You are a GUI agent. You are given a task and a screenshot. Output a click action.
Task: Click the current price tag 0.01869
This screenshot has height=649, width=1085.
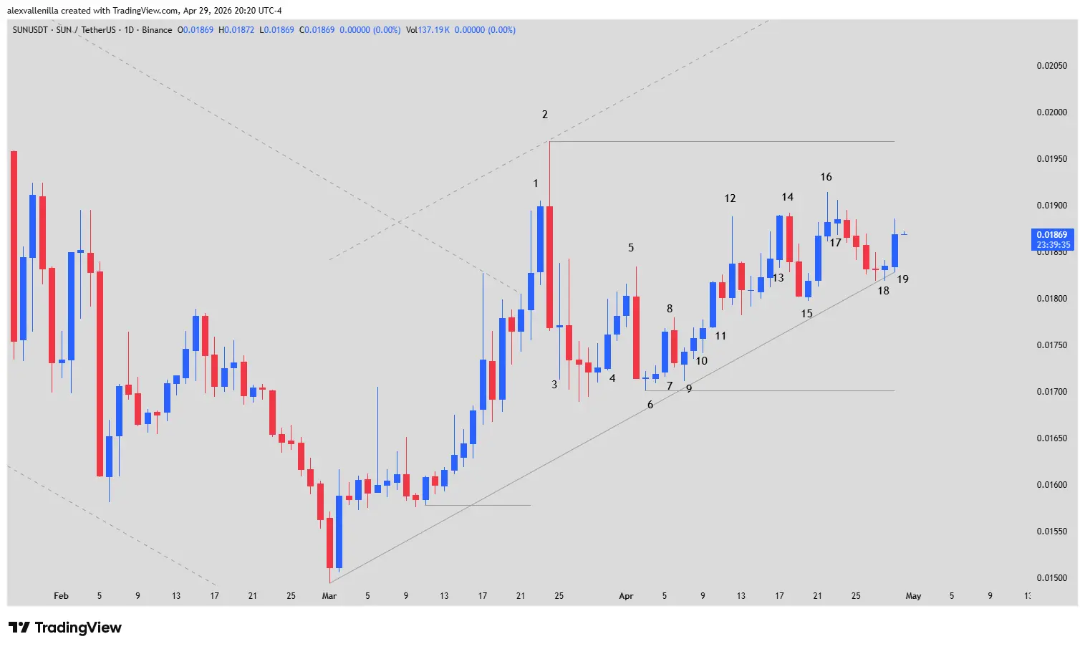pos(1051,235)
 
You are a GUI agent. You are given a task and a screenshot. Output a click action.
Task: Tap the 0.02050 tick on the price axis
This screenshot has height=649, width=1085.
pos(1051,66)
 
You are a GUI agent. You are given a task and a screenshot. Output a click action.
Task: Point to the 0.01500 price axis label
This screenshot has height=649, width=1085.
pos(1051,578)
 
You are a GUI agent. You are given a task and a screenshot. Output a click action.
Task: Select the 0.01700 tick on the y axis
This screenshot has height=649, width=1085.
pos(1051,392)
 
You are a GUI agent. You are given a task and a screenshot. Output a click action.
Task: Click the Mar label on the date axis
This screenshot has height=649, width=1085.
pos(329,596)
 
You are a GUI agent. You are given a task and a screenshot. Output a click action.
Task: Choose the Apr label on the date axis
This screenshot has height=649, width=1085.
pos(626,596)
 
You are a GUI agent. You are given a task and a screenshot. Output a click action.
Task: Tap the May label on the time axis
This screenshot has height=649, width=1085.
pos(913,596)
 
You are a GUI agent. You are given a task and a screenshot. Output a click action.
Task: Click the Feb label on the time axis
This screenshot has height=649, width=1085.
pos(61,596)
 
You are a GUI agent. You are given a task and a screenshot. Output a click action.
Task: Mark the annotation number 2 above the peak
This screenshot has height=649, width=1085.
pos(545,115)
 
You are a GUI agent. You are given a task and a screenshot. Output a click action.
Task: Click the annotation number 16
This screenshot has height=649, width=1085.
pos(826,177)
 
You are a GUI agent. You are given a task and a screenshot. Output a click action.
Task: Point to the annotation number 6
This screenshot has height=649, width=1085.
pos(650,405)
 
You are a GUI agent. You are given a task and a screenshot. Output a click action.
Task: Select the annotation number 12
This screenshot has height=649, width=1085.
pos(730,198)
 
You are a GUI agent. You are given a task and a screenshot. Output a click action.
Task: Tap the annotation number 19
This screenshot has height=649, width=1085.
pos(902,279)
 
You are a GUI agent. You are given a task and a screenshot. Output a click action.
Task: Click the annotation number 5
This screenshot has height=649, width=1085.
pos(631,248)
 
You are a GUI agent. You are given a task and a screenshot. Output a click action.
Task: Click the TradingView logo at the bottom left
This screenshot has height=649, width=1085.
pos(65,628)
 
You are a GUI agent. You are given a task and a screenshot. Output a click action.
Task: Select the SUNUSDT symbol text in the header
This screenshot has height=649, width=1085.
pos(30,30)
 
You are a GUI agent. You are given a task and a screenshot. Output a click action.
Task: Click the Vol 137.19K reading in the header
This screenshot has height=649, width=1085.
pos(428,30)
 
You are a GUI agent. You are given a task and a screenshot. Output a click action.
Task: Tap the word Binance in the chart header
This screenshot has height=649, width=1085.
pos(157,30)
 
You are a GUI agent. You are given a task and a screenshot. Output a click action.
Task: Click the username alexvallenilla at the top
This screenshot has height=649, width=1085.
pos(33,11)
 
